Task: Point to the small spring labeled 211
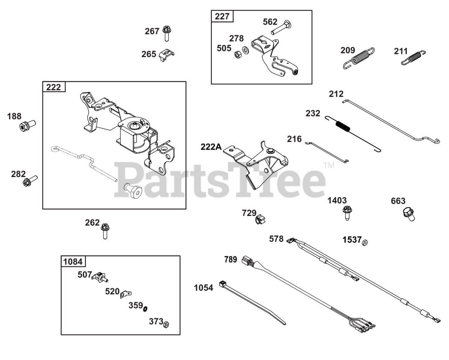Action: (413, 57)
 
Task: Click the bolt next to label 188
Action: (27, 125)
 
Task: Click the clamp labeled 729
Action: (260, 219)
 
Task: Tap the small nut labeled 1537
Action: (365, 242)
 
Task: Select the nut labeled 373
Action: (167, 324)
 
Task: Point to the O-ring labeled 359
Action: (145, 308)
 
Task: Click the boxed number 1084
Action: (73, 261)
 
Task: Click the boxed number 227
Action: (222, 16)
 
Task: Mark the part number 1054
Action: (203, 288)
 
